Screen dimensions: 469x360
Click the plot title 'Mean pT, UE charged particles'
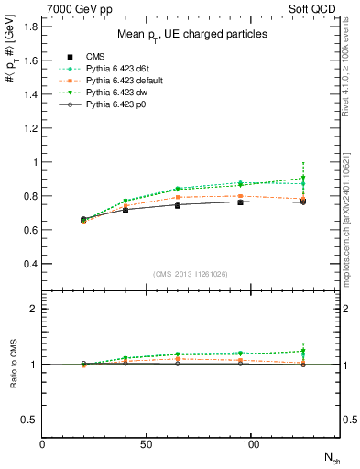[192, 34]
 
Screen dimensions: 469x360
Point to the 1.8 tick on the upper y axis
[30, 27]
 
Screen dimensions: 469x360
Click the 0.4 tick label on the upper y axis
[30, 264]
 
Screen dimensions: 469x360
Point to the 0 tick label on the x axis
[42, 444]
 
